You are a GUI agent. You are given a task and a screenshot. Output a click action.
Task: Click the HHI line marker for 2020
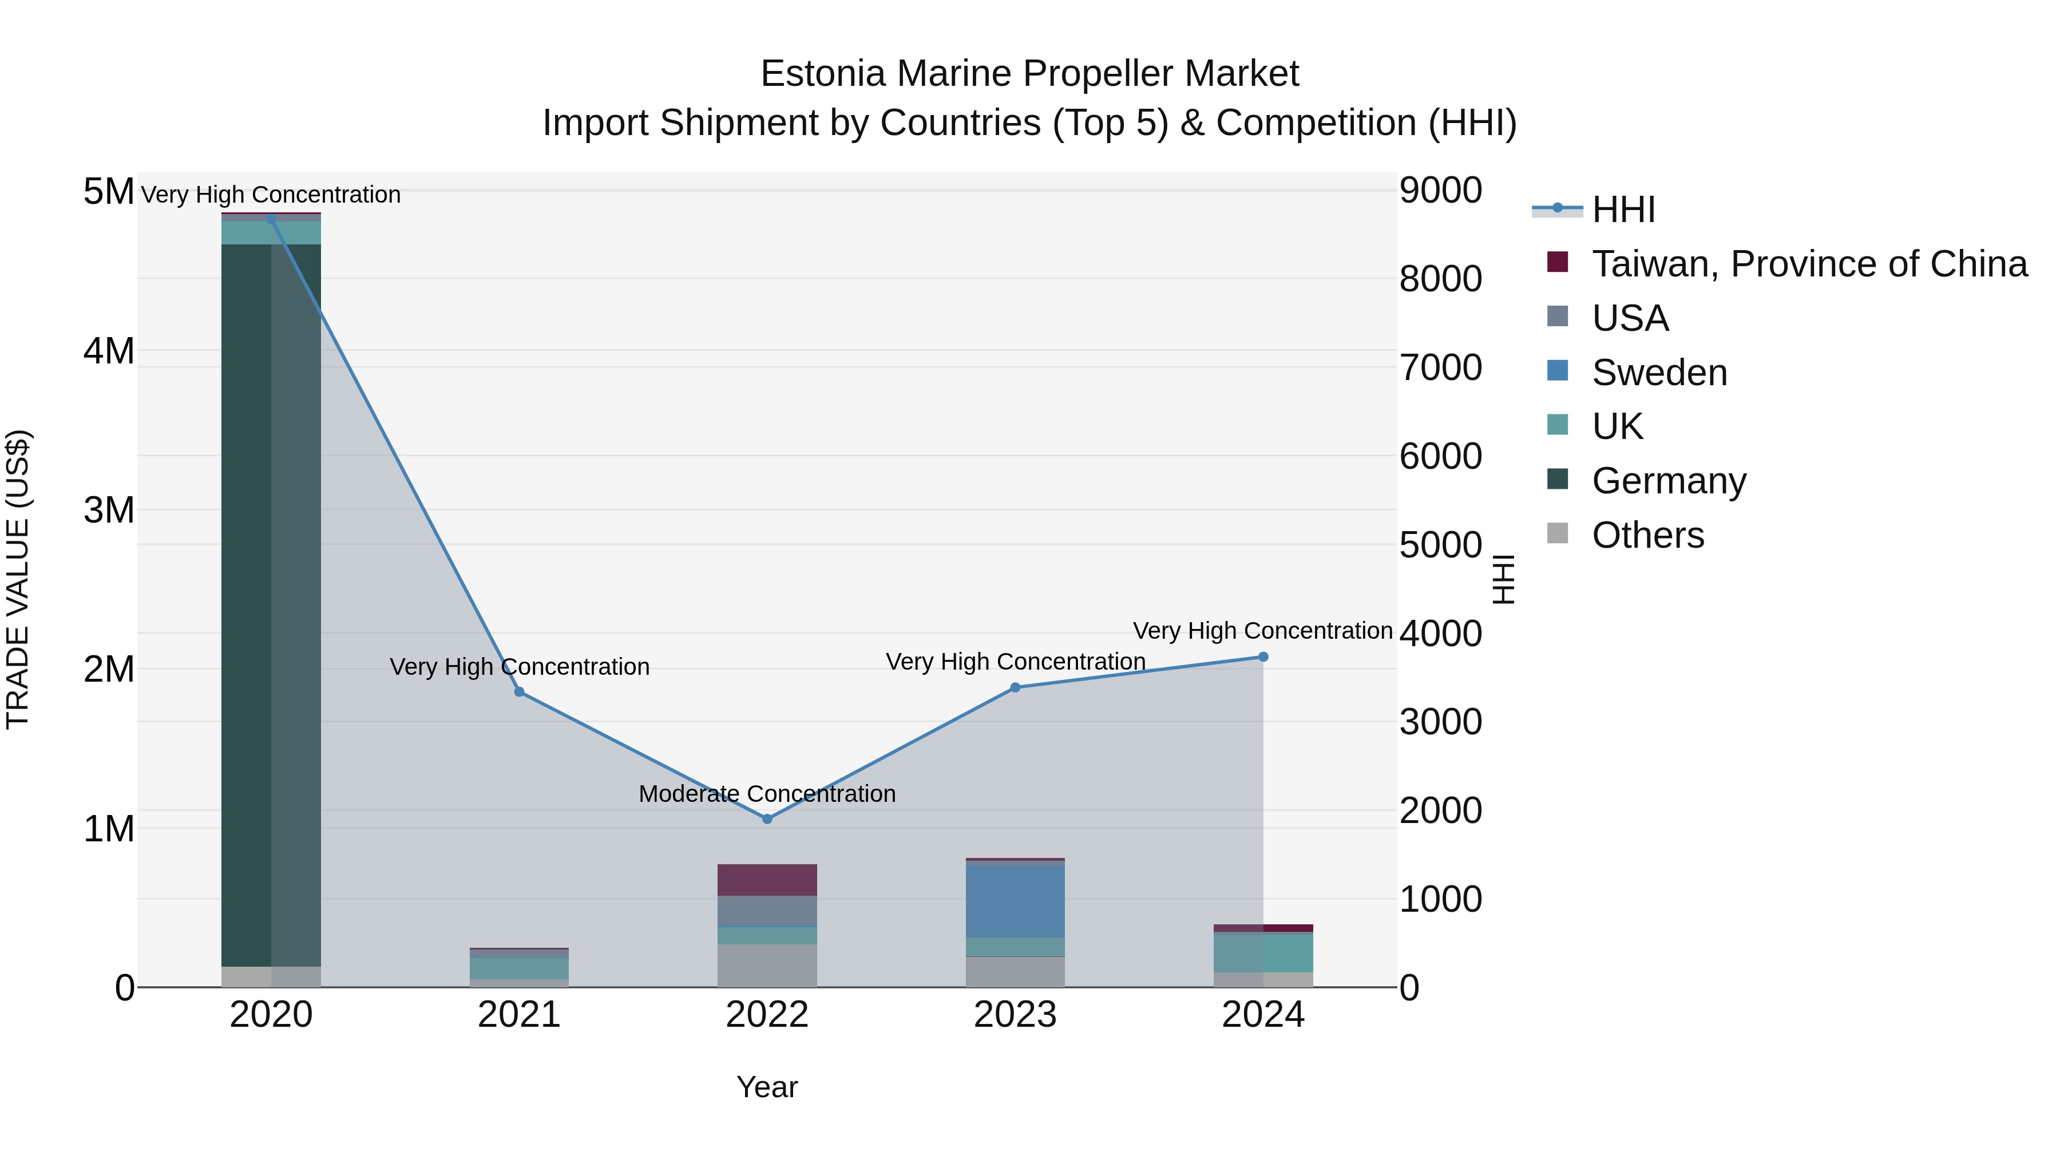click(x=271, y=219)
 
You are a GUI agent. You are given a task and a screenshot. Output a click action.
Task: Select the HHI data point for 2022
click(x=767, y=818)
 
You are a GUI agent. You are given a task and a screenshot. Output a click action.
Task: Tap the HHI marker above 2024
click(x=1263, y=656)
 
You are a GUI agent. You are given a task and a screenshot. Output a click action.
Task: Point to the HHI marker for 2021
click(x=519, y=692)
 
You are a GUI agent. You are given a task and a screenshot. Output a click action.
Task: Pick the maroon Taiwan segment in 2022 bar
click(x=767, y=880)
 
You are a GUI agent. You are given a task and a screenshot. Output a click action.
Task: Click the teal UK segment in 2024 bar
click(x=1263, y=952)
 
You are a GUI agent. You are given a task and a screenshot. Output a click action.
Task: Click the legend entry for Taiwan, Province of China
click(x=1809, y=264)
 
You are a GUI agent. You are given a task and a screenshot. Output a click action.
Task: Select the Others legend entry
click(x=1647, y=535)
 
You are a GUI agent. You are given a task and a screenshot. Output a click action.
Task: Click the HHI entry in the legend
click(x=1623, y=209)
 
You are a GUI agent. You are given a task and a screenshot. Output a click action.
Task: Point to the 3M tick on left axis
click(x=109, y=509)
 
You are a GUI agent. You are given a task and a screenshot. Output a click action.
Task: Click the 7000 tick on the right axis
click(x=1440, y=368)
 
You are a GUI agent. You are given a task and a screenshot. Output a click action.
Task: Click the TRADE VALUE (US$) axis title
click(x=18, y=579)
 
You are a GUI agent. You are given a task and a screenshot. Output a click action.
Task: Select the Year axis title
click(x=767, y=1087)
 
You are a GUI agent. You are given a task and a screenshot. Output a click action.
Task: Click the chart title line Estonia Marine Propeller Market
click(x=1029, y=74)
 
